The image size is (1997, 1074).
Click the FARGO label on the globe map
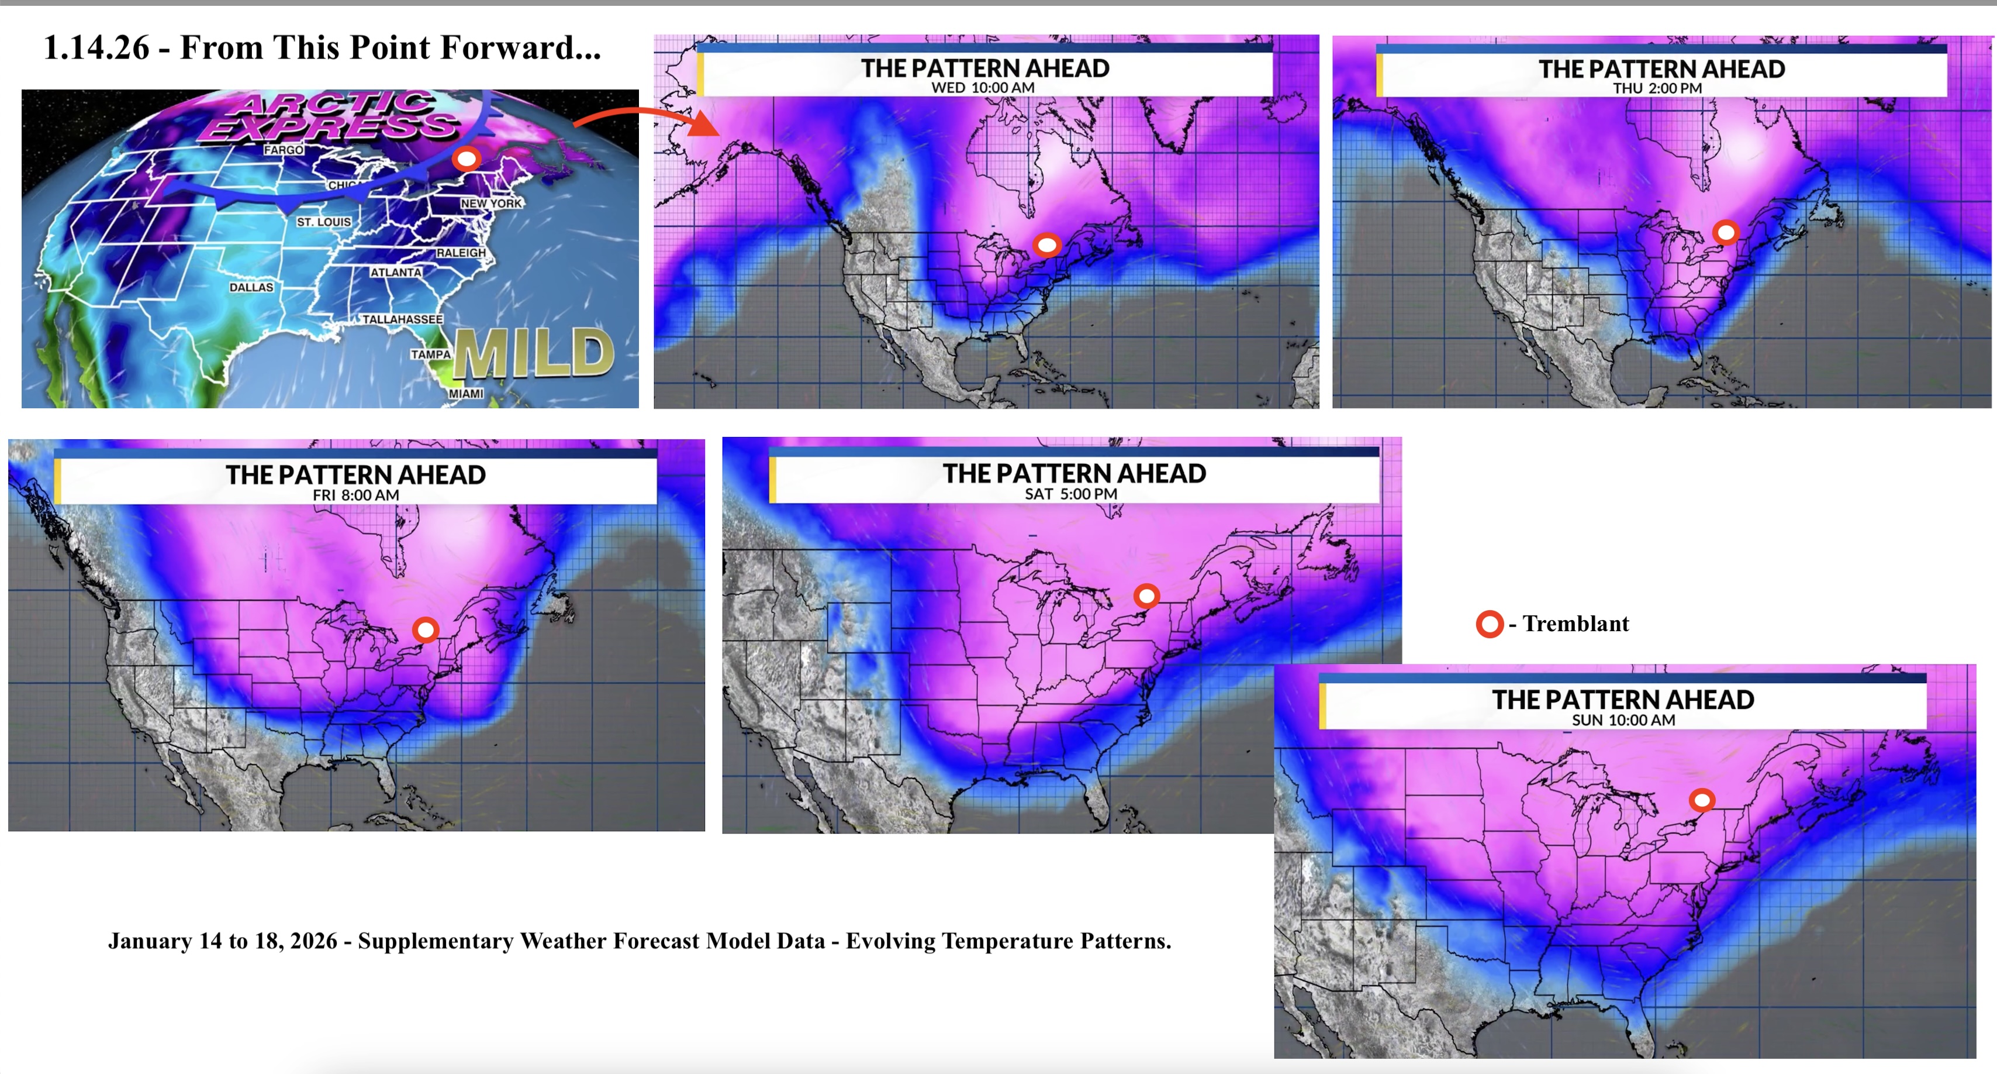click(x=283, y=150)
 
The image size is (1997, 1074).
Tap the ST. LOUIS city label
click(x=324, y=222)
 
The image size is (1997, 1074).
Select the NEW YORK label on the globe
click(x=492, y=203)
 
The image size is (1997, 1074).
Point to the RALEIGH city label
click(x=461, y=253)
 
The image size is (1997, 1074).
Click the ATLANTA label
click(x=395, y=272)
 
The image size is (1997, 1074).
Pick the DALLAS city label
click(x=251, y=287)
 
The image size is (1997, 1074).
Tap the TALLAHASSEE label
click(x=402, y=319)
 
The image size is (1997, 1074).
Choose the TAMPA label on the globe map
click(x=430, y=354)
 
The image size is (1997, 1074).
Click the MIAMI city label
click(x=466, y=394)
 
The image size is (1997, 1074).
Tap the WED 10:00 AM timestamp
click(x=982, y=88)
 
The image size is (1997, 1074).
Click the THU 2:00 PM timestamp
click(x=1657, y=88)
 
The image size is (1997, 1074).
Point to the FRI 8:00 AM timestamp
click(x=356, y=495)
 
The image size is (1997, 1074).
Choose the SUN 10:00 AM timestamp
click(x=1623, y=720)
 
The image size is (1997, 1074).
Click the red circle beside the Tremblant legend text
click(x=1489, y=624)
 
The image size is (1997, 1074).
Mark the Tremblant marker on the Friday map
click(x=426, y=629)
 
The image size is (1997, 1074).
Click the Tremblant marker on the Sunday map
click(x=1702, y=800)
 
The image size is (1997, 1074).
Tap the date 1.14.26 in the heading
click(x=96, y=47)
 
